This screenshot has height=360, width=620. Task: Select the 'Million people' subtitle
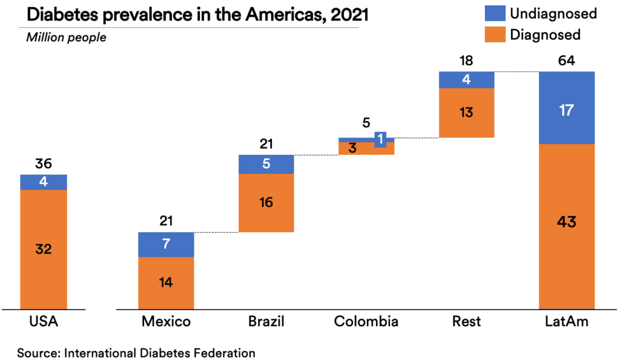[66, 38]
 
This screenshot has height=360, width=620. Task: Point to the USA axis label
[44, 321]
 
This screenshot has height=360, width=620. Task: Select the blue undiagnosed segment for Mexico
[166, 244]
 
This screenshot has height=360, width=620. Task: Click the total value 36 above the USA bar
[44, 164]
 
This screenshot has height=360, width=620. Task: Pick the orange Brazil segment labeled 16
[266, 203]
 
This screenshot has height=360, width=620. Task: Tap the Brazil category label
[266, 321]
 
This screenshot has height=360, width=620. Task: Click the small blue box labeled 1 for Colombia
[380, 139]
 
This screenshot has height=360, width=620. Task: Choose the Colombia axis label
[366, 321]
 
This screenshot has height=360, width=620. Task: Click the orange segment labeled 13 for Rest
[466, 113]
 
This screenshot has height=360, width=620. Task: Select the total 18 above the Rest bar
[466, 61]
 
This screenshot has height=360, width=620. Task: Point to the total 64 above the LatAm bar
[567, 61]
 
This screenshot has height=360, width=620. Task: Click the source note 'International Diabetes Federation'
[160, 353]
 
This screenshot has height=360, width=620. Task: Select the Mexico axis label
[166, 321]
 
